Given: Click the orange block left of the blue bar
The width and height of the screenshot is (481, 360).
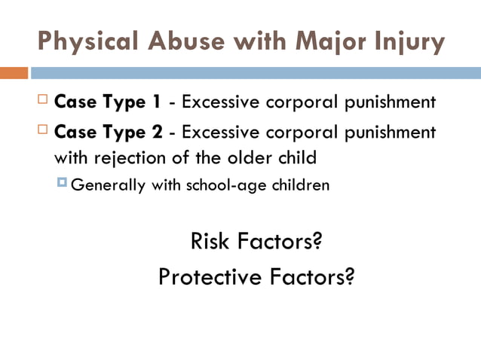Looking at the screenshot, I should point(14,73).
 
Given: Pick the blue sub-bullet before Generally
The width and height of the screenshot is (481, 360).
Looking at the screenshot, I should point(62,183).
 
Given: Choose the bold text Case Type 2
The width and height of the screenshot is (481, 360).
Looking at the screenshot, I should point(109,133).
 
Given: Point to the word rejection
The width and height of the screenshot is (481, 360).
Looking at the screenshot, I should point(125,158).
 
